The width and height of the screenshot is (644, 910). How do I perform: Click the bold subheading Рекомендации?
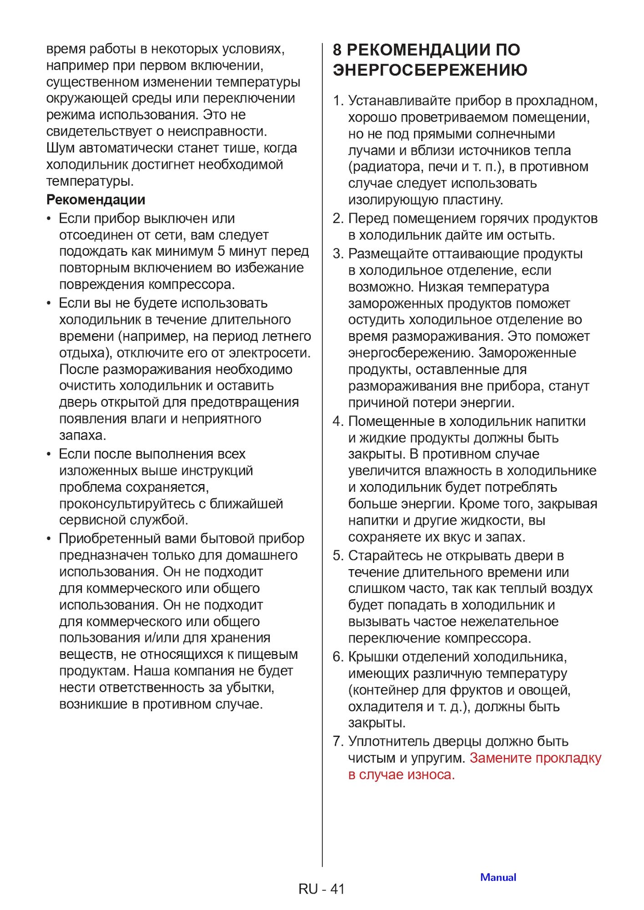click(96, 200)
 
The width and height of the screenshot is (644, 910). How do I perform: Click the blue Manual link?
click(498, 877)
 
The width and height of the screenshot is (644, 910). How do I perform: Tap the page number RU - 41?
click(321, 889)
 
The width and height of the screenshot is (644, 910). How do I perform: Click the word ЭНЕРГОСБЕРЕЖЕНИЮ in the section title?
click(430, 70)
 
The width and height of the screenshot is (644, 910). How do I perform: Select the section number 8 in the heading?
click(337, 50)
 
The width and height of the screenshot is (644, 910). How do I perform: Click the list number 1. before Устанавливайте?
click(338, 101)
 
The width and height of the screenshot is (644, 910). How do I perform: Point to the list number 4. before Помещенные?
click(338, 421)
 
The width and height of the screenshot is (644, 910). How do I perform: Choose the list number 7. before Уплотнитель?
click(338, 741)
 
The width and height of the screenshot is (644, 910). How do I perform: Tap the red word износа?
click(431, 774)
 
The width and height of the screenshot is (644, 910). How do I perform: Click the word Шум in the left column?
click(61, 148)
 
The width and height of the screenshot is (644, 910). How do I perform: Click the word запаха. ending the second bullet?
click(82, 435)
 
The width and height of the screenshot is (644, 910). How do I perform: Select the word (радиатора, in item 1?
click(386, 167)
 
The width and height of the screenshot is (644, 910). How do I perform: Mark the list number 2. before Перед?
click(338, 219)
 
